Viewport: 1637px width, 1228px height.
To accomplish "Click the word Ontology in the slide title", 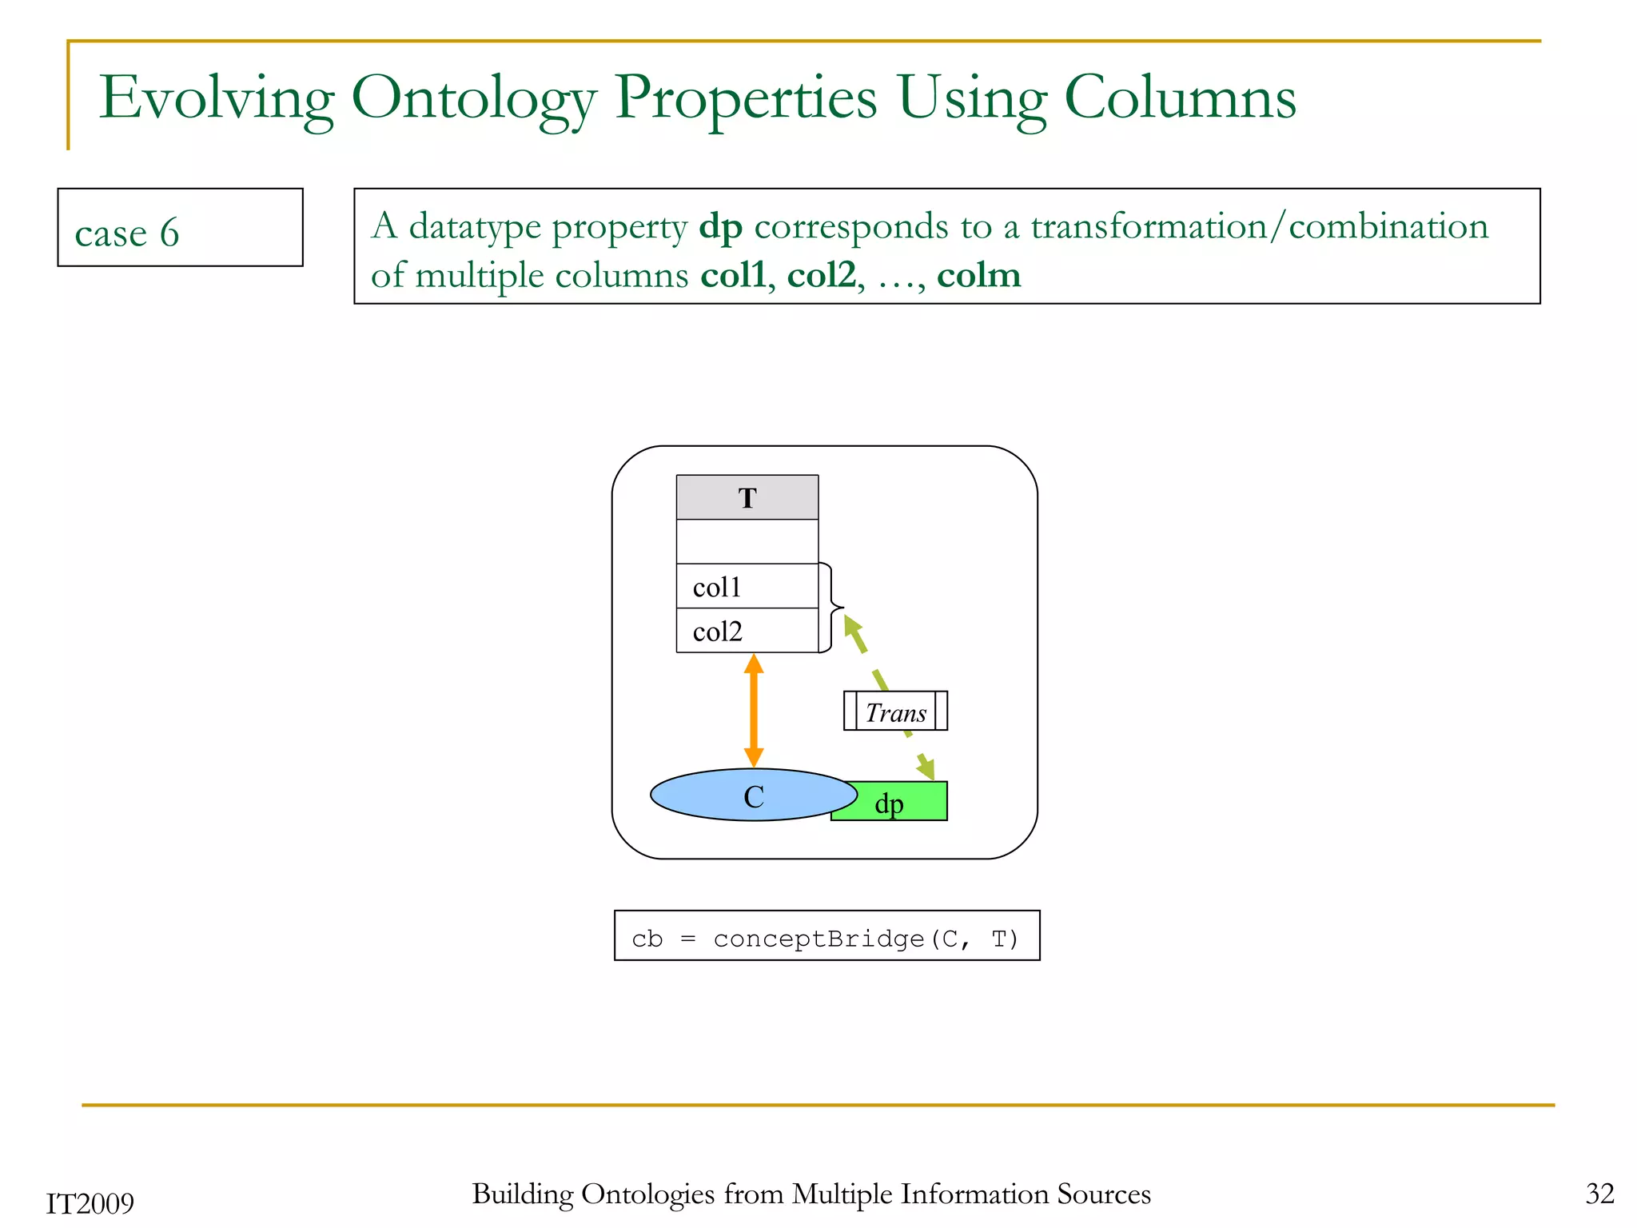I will click(473, 99).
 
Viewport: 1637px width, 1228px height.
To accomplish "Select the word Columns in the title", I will click(1180, 98).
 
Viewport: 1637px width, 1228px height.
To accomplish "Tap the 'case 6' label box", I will click(180, 228).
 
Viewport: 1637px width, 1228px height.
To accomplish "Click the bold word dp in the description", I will click(720, 227).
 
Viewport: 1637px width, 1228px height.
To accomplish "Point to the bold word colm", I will click(978, 276).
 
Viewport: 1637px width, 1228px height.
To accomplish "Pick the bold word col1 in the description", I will click(732, 276).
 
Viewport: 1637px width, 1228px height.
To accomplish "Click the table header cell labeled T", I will click(747, 497).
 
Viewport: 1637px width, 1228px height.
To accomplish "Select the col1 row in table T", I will click(747, 587).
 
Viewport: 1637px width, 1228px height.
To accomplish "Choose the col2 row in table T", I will click(747, 631).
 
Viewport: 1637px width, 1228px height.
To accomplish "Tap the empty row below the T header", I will click(747, 541).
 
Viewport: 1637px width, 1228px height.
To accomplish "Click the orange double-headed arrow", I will click(753, 710).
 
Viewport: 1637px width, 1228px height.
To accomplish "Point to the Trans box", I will click(895, 711).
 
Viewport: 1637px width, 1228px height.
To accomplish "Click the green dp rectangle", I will click(900, 803).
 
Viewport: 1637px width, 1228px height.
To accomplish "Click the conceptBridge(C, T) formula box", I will click(826, 936).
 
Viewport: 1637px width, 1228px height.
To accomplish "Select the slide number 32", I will click(1599, 1194).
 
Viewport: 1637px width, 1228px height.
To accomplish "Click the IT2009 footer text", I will click(90, 1203).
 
